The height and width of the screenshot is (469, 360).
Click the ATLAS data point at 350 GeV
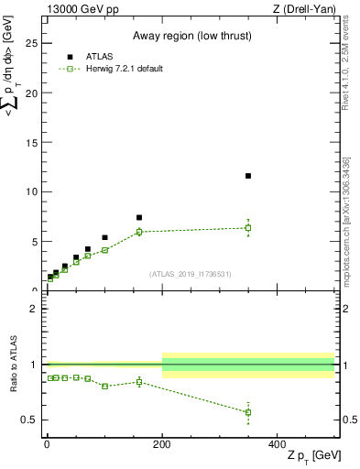pos(248,175)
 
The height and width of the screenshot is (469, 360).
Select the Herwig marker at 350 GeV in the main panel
pos(248,227)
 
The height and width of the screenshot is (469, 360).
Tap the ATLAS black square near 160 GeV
pos(139,218)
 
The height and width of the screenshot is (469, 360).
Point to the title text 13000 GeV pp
pos(82,9)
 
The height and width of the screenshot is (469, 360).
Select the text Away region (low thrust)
pos(189,37)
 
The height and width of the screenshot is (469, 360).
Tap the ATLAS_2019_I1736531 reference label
pos(190,274)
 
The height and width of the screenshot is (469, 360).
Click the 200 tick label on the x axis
pos(162,444)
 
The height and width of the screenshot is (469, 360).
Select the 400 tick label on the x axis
pos(278,444)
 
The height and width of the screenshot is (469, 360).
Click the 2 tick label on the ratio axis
pos(34,310)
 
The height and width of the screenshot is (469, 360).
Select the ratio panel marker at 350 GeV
pos(248,412)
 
